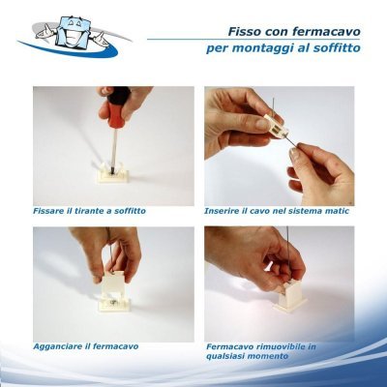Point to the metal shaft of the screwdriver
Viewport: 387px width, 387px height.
(x=113, y=147)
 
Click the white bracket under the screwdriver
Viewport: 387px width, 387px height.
(x=113, y=173)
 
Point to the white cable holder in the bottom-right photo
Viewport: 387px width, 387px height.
(x=289, y=296)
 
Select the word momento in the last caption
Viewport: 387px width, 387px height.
(x=271, y=356)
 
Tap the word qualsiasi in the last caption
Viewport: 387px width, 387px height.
(x=228, y=357)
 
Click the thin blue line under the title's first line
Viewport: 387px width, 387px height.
(x=253, y=40)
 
